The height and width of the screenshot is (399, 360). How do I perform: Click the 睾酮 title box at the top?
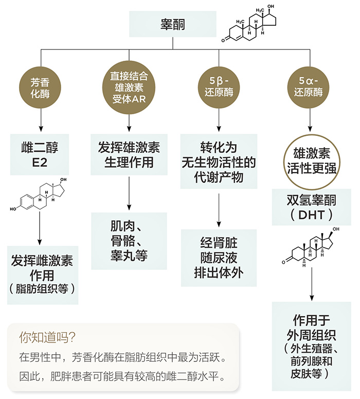click(x=173, y=24)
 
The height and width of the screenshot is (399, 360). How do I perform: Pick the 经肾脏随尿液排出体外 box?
click(x=218, y=257)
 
